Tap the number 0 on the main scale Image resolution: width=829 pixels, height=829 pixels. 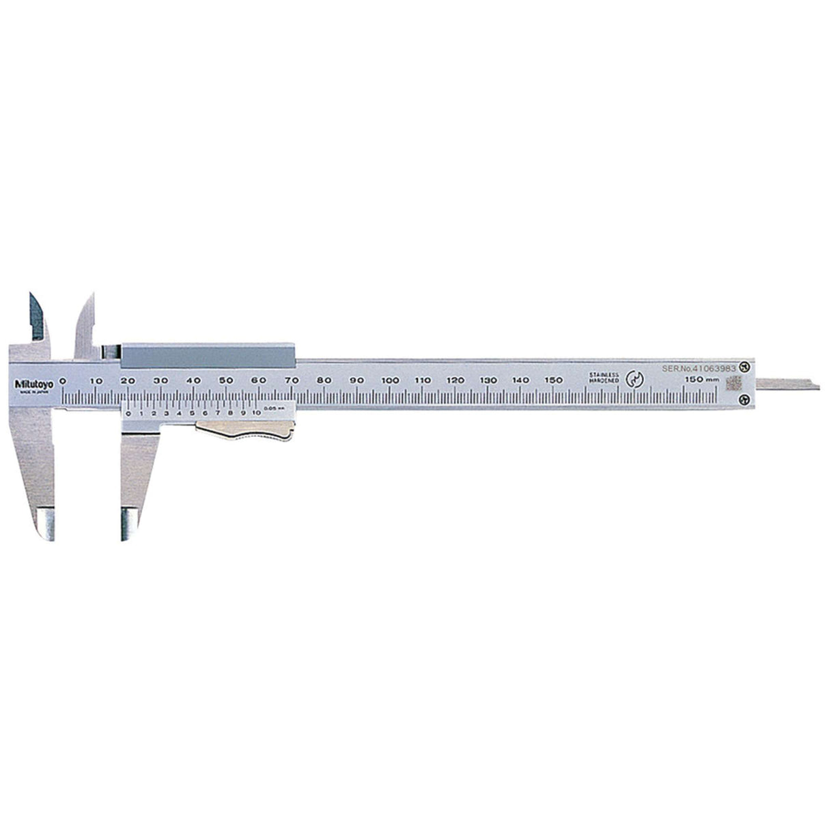point(63,380)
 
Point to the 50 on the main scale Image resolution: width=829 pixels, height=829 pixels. point(226,380)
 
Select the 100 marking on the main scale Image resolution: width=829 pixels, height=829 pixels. point(390,380)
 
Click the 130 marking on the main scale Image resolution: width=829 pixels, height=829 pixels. point(488,380)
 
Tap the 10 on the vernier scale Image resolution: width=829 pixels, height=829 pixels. point(256,413)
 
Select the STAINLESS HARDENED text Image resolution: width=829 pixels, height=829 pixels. point(604,378)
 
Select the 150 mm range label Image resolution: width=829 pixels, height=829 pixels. point(701,380)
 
